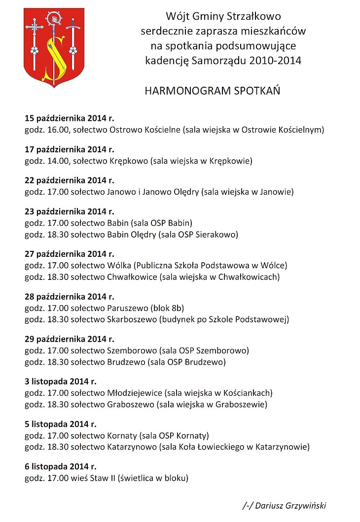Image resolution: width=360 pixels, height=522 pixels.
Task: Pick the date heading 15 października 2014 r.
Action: pos(69,118)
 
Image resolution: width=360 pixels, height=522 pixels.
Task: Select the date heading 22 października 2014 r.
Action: pos(69,180)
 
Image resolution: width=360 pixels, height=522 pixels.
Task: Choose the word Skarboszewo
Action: pos(131,319)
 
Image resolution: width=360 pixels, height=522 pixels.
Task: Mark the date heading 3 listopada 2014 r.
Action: pos(61,381)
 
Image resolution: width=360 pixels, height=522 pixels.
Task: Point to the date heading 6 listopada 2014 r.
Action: pos(61,466)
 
